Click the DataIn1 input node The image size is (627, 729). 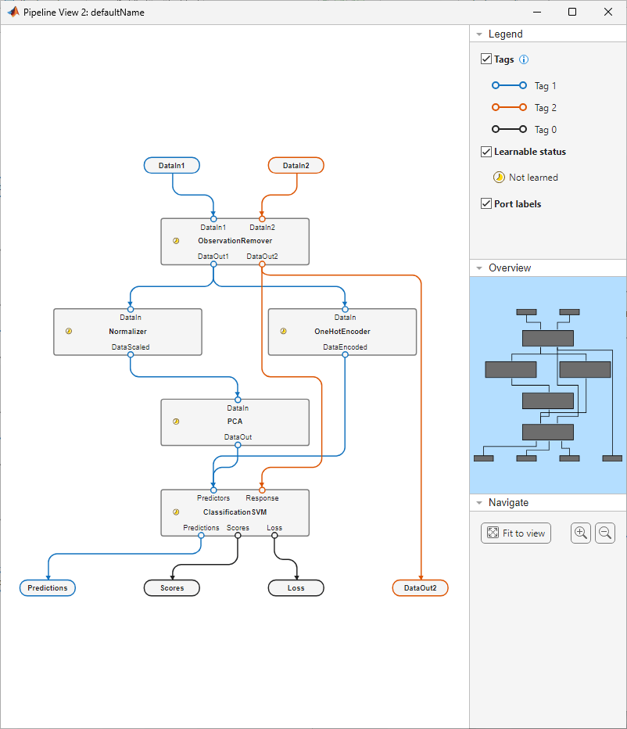[172, 165]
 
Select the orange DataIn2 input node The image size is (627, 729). [296, 165]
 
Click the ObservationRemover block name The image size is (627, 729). [235, 241]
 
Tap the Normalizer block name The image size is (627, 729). [127, 332]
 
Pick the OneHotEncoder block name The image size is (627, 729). [342, 332]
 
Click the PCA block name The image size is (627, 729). [235, 422]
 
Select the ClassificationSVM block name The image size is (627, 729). [235, 512]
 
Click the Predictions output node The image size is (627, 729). [48, 587]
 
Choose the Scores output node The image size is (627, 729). [172, 587]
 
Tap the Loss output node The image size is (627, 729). [296, 587]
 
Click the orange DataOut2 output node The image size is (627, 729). [420, 587]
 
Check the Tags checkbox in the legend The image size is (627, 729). [486, 59]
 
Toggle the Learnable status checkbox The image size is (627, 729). [486, 152]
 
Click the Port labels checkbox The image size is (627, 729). [486, 203]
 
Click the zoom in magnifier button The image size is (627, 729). [581, 533]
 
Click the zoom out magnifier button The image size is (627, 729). [605, 533]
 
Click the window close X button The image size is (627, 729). [608, 12]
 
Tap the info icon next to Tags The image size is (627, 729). [524, 59]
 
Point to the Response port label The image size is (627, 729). [262, 497]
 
